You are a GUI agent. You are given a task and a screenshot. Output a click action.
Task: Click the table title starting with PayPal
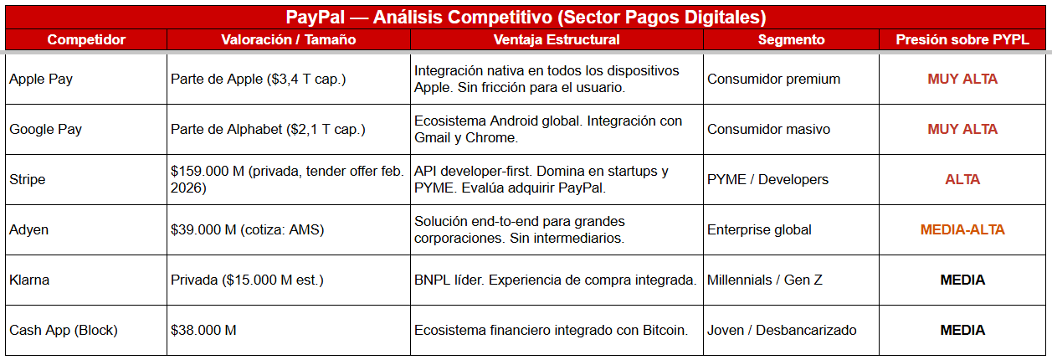click(526, 17)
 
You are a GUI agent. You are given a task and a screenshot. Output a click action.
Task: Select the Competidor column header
click(86, 39)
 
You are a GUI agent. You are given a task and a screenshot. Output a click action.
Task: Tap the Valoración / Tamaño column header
click(289, 39)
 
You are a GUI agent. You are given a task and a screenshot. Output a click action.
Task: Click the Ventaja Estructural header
click(557, 39)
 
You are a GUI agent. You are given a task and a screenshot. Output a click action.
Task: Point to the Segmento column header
click(791, 39)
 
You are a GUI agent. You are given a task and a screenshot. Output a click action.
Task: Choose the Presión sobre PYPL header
click(962, 39)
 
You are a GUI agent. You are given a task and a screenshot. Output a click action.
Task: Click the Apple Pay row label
click(41, 80)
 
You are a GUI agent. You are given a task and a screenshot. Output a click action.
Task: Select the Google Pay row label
click(46, 130)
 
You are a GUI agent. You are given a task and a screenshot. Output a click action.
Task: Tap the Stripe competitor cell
click(28, 180)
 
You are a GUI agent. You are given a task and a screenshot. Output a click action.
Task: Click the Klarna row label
click(29, 280)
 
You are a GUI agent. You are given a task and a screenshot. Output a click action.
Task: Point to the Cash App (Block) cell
click(64, 331)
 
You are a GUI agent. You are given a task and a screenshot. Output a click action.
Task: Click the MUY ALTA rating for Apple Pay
click(962, 80)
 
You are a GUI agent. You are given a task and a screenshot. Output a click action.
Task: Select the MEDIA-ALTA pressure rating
click(962, 230)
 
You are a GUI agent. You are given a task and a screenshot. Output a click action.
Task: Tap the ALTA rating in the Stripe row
click(962, 180)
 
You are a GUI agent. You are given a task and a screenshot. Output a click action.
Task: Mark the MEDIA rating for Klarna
click(962, 280)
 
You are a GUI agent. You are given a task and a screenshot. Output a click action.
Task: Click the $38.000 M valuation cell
click(203, 331)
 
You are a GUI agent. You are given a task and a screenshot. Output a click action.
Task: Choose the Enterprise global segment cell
click(759, 230)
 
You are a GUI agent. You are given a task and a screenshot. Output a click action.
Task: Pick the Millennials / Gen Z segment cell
click(765, 280)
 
